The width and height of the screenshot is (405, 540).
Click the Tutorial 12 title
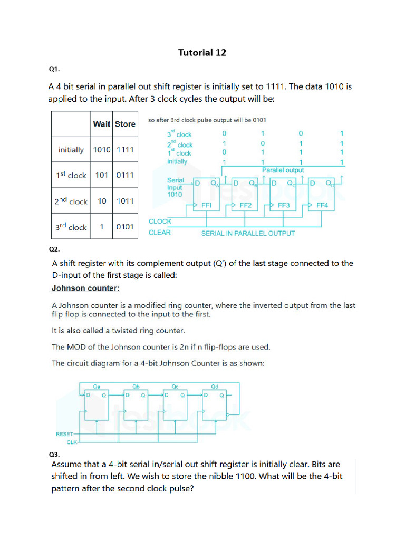point(202,52)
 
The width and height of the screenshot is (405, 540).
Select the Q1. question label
point(54,69)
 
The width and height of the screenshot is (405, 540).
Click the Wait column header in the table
point(101,124)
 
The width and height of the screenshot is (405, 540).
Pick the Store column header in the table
point(125,124)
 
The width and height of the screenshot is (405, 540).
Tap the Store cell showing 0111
point(125,175)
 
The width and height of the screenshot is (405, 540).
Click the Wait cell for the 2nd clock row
point(101,201)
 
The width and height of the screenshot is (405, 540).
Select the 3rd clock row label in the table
point(71,227)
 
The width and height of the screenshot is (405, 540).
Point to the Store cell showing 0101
point(125,227)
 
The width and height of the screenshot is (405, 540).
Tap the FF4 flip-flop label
point(322,206)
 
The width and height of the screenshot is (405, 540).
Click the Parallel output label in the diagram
point(283,170)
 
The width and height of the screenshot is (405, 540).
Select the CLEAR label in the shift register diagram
point(160,233)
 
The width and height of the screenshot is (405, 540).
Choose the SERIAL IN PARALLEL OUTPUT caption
point(248,233)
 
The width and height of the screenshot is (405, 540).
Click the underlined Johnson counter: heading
point(85,288)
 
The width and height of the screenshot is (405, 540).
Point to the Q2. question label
point(54,248)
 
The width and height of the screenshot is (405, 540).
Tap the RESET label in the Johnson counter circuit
point(65,434)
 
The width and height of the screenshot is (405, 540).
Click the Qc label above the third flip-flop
point(175,386)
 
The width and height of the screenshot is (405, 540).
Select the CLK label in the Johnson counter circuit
point(71,443)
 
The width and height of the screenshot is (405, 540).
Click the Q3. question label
point(54,454)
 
